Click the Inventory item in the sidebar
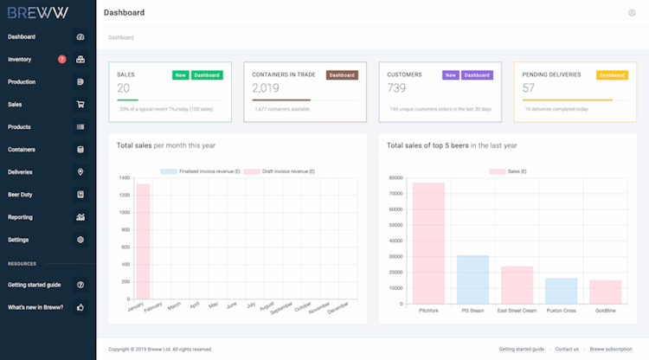click(20, 60)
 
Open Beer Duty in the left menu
click(20, 195)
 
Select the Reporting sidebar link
click(20, 217)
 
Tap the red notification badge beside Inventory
click(61, 60)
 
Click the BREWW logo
click(37, 13)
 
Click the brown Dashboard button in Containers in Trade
click(342, 75)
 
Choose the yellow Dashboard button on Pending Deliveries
click(612, 75)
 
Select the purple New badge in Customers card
click(450, 75)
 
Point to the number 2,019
click(266, 88)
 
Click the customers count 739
click(396, 88)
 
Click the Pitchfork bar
click(428, 243)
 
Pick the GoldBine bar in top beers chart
click(606, 292)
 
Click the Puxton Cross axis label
click(561, 310)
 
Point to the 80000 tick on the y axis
click(396, 178)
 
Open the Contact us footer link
click(567, 349)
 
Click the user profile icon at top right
click(632, 13)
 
